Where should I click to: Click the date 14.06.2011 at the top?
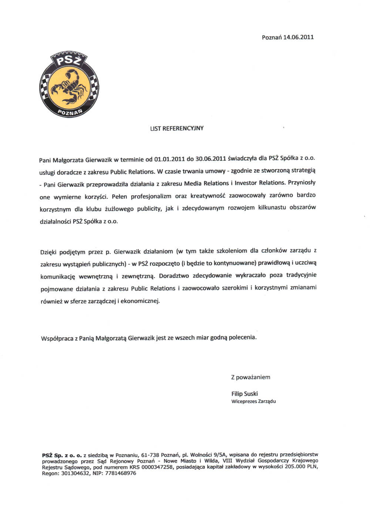[298, 37]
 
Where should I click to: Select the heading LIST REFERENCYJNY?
[177, 128]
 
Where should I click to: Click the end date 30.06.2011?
[211, 159]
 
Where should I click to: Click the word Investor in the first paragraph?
[246, 183]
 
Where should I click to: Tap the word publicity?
[149, 209]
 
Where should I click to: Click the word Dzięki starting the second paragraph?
[48, 252]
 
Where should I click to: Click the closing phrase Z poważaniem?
[250, 377]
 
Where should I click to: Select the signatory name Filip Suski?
[245, 394]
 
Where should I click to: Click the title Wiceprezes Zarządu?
[253, 401]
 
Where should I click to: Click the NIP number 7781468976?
[121, 473]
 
